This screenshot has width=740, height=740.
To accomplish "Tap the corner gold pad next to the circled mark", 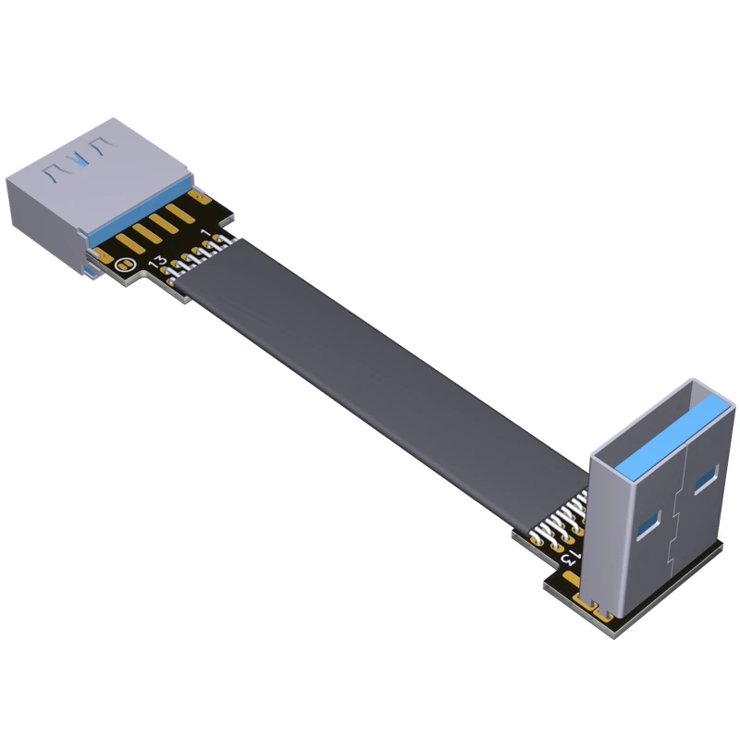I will click(101, 252).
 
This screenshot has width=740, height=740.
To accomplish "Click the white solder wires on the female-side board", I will click(199, 255).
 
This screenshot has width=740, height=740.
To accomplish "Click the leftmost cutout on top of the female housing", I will click(53, 167).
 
